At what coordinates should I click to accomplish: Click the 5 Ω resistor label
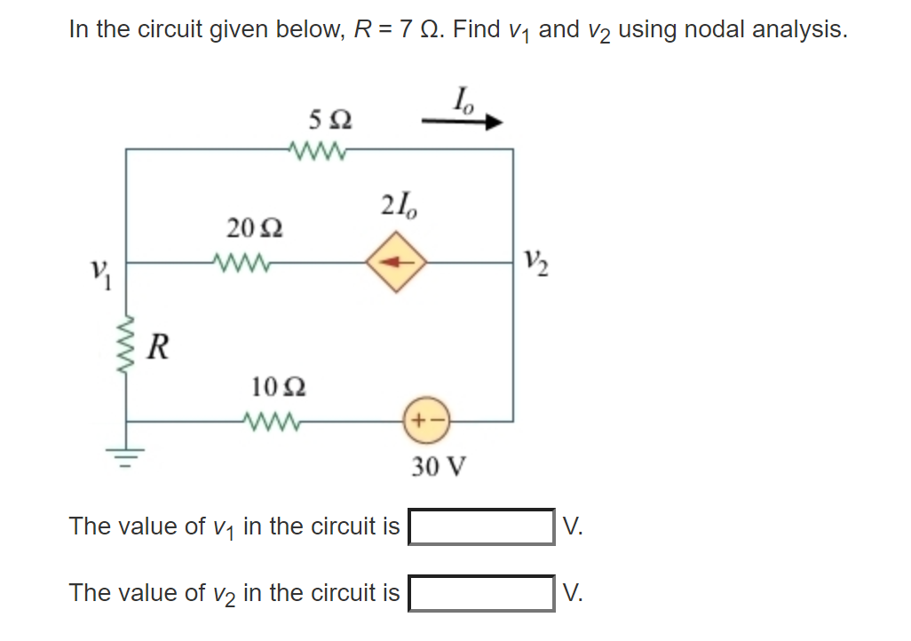pos(329,118)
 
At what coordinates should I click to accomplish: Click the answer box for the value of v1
pos(481,526)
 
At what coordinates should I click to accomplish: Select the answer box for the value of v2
pos(481,592)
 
